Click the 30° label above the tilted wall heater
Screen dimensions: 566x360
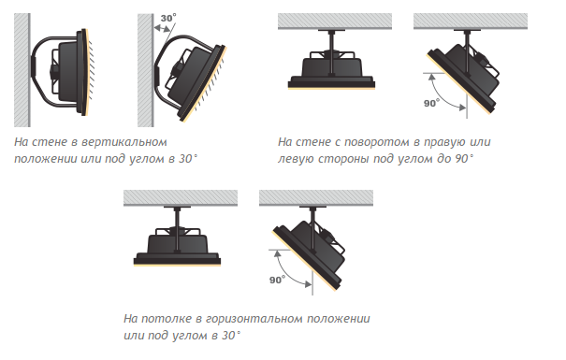(168, 18)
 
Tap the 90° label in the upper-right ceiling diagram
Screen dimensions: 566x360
(431, 103)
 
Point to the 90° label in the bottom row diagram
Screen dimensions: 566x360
(277, 280)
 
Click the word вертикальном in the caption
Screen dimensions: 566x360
(124, 142)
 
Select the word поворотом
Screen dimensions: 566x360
(377, 142)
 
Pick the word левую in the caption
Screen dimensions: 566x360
(296, 159)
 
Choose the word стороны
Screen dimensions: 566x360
(343, 159)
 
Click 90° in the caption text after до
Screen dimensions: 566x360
(463, 158)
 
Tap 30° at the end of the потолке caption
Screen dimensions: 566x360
(231, 335)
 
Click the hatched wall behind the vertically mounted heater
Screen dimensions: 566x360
(22, 70)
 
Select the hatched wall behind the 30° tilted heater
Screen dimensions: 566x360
(145, 70)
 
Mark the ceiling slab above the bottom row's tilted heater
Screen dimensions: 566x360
(316, 197)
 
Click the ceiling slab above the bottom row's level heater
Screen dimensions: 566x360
(181, 197)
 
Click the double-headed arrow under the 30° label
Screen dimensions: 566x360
(163, 29)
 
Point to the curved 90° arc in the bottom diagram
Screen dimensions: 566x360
(288, 273)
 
